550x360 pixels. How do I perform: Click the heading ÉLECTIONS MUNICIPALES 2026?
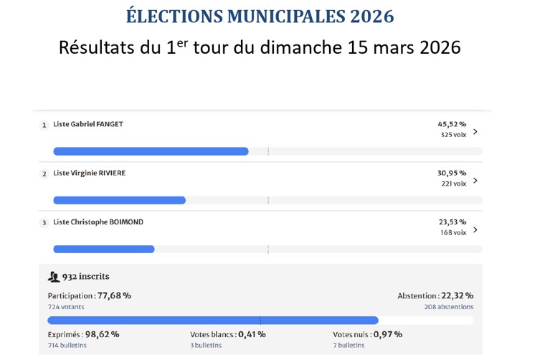tap(260, 16)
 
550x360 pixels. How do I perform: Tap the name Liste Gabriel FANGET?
tap(88, 124)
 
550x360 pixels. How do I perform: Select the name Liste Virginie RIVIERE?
tap(89, 173)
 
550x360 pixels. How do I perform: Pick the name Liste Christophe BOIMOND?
tap(98, 222)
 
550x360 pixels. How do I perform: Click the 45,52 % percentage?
tap(452, 123)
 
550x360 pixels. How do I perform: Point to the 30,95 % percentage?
tap(452, 173)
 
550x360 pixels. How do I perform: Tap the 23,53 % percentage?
tap(452, 222)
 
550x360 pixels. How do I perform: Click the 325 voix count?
tap(453, 135)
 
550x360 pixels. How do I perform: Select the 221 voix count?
tap(453, 184)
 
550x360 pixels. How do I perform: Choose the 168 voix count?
tap(453, 232)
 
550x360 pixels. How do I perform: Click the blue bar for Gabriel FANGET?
tap(151, 151)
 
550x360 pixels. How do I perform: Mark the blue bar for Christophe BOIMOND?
tap(104, 249)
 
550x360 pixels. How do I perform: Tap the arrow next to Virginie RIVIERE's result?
tap(475, 180)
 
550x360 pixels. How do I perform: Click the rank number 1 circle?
tap(44, 125)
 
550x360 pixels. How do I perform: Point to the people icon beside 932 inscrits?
tap(54, 277)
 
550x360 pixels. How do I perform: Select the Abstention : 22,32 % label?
tap(435, 295)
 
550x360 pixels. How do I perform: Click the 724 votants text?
tap(66, 307)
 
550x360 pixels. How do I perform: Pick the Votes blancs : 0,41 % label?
tap(227, 334)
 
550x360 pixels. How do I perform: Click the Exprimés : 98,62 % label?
tap(83, 334)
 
